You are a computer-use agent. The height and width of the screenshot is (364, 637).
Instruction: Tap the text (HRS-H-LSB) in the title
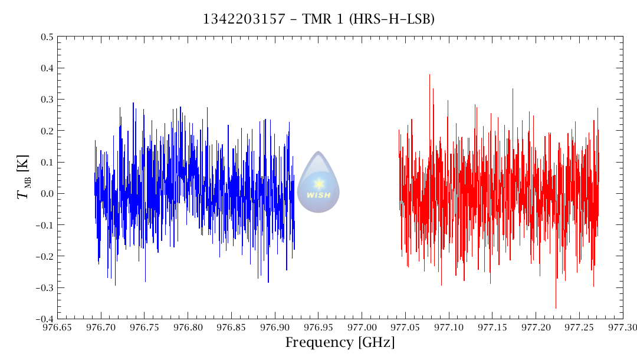pyautogui.click(x=392, y=19)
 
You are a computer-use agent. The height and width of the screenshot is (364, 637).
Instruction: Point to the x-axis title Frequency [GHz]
pyautogui.click(x=340, y=342)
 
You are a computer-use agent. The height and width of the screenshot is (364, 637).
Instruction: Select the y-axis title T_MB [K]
pyautogui.click(x=24, y=177)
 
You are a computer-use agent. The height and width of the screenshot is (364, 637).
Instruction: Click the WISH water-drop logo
pyautogui.click(x=318, y=182)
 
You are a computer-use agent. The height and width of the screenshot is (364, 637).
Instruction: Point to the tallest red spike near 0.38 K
pyautogui.click(x=429, y=75)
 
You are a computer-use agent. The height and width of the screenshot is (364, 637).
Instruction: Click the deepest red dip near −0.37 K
pyautogui.click(x=556, y=307)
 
